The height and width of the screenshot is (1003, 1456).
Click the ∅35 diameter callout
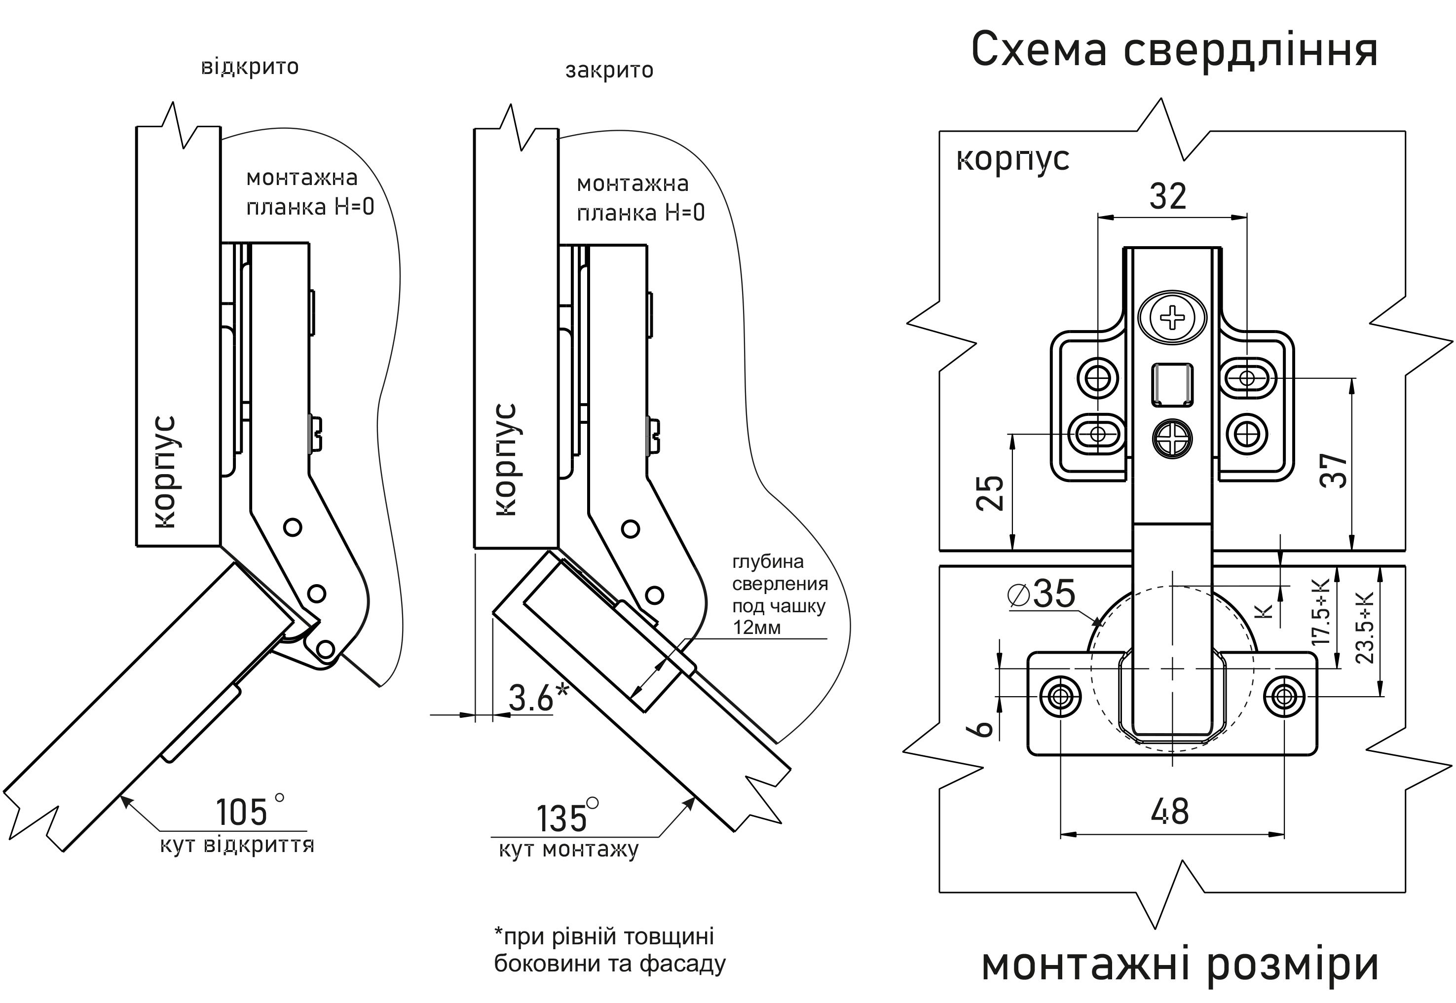pyautogui.click(x=1041, y=593)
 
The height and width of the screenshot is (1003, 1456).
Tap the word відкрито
pyautogui.click(x=250, y=67)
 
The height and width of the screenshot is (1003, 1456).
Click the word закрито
pyautogui.click(x=609, y=70)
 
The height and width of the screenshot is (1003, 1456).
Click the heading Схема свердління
pyautogui.click(x=1174, y=50)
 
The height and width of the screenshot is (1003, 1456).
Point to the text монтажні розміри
pyautogui.click(x=1180, y=965)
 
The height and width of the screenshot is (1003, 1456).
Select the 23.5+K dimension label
pyautogui.click(x=1364, y=627)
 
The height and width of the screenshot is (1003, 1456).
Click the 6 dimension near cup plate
pyautogui.click(x=984, y=728)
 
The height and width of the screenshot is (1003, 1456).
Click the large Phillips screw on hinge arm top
pyautogui.click(x=1172, y=318)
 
